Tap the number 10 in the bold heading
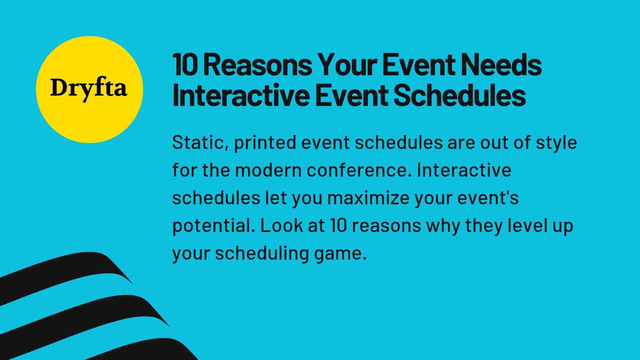coord(185,65)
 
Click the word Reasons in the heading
coord(257,65)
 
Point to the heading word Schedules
coord(460,96)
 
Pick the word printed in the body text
coord(265,143)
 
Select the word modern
coord(268,170)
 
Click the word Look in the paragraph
coord(281,226)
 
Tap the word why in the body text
coord(443,226)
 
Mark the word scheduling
coord(262,253)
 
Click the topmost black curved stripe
coord(67,267)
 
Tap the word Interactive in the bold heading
coord(241,96)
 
